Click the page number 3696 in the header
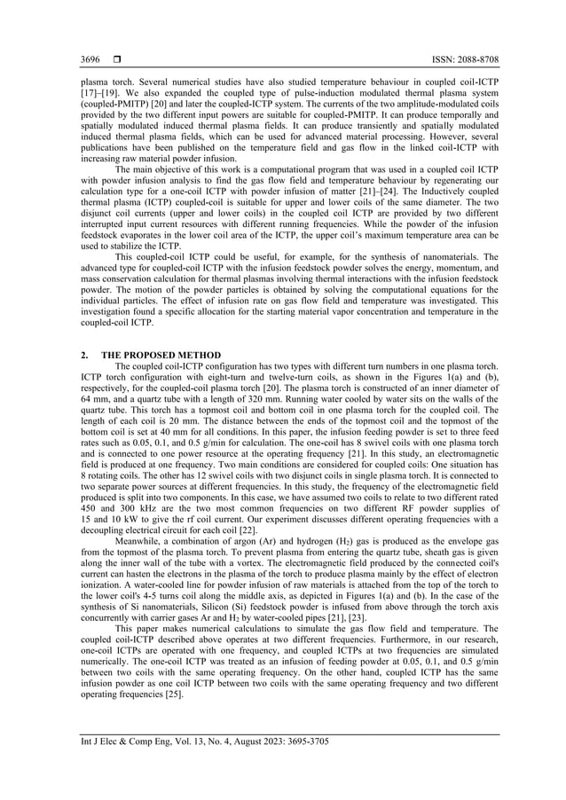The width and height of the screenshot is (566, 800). coord(90,59)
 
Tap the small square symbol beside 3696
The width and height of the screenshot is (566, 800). coord(116,59)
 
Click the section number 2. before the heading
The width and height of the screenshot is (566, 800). coord(83,355)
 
